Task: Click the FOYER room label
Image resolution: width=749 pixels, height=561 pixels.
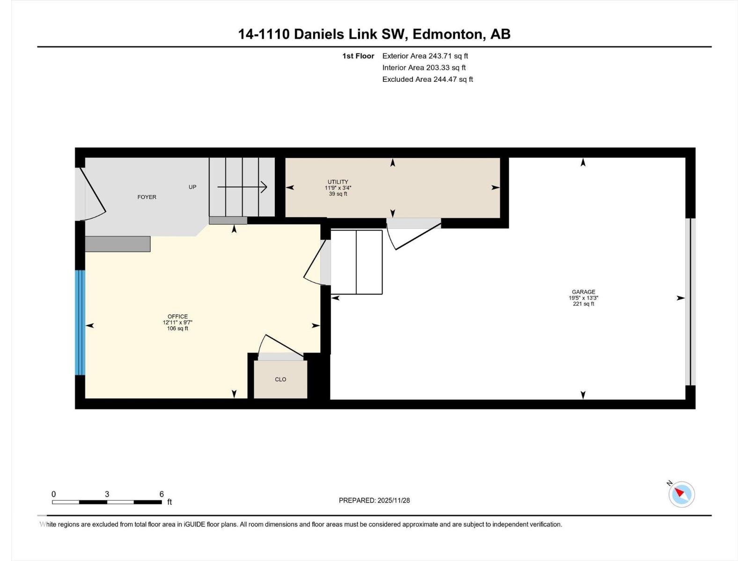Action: pos(147,197)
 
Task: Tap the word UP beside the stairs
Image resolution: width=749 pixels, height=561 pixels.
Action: pos(192,187)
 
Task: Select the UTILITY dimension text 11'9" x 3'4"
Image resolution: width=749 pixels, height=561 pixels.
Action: pos(338,188)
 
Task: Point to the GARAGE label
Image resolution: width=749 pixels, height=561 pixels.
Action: pos(583,292)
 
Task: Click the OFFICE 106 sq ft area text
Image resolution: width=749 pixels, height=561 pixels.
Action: pos(177,329)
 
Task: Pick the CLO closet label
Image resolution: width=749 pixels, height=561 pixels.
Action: pos(280,380)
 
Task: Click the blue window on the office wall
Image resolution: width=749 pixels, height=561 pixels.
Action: pos(80,323)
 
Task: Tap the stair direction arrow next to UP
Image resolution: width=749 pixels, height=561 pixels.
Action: pos(242,187)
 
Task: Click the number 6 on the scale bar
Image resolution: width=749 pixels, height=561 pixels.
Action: pos(162,494)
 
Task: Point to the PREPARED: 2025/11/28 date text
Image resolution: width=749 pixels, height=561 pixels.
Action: pos(374,500)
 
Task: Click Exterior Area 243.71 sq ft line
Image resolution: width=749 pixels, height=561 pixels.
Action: pos(425,56)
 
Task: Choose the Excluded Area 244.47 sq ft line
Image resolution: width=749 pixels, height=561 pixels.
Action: pos(427,79)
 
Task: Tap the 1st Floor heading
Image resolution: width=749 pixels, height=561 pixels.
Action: pos(358,56)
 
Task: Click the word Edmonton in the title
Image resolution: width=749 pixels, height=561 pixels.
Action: pos(448,34)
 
